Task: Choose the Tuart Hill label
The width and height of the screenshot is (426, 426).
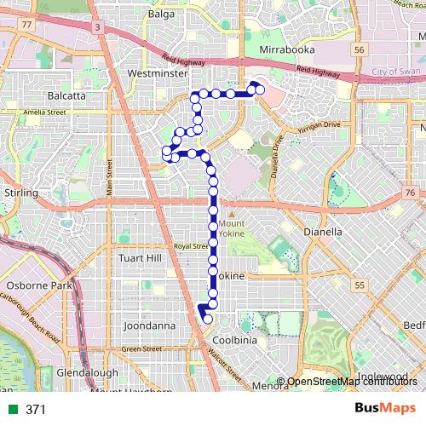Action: coord(141,258)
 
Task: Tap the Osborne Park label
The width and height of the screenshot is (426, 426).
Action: coord(39,285)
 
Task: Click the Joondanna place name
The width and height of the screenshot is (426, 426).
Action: coord(148,325)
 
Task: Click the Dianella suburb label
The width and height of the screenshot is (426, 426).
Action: coord(323,232)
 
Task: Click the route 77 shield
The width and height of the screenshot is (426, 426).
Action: coord(28,25)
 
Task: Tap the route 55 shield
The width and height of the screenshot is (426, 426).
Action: coord(360,284)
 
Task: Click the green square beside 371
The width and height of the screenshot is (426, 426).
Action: coord(11,410)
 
